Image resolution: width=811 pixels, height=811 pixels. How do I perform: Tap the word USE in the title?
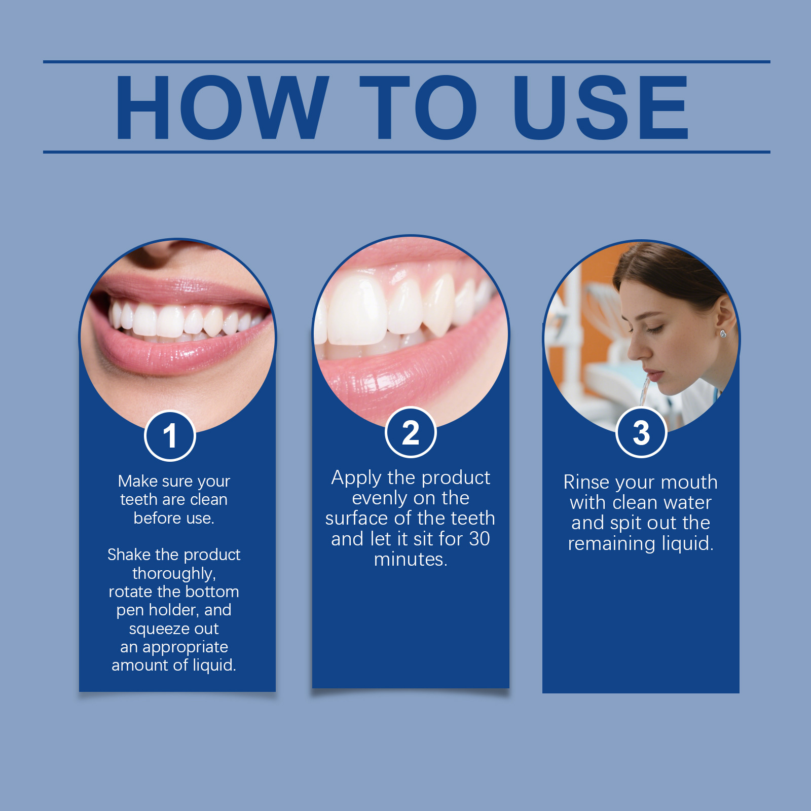[601, 107]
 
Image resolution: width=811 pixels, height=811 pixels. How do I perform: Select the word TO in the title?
[418, 107]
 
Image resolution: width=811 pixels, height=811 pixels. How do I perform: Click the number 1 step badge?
[170, 435]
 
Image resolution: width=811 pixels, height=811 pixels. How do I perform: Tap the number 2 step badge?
[411, 432]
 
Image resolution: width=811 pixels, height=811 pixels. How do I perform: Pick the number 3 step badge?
[641, 432]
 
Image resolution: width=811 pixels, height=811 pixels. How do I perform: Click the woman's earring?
[723, 333]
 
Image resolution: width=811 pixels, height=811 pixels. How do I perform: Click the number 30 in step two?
[479, 539]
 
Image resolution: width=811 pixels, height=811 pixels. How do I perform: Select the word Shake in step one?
[129, 555]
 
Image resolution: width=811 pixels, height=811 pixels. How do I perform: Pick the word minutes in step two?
[411, 559]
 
